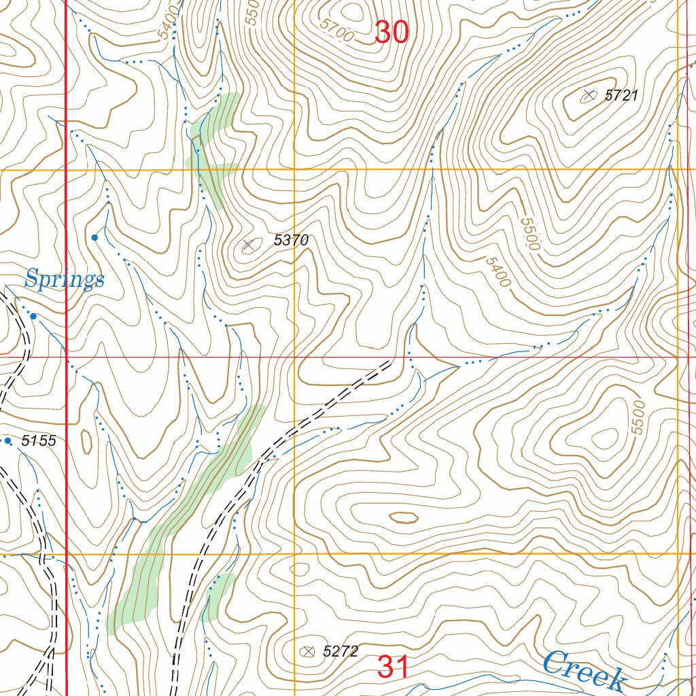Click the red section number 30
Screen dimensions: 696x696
coord(391,32)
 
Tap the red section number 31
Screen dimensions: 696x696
coord(394,667)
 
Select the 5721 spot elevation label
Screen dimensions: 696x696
coord(621,96)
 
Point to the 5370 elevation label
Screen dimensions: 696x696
coord(291,240)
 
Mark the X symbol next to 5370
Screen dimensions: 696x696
coord(249,245)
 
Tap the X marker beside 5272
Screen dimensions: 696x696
coord(308,652)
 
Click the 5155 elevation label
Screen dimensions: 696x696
coord(38,441)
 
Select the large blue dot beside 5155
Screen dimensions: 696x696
coord(8,441)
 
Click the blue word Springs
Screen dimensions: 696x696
coord(65,279)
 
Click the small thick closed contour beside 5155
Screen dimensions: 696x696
coord(86,441)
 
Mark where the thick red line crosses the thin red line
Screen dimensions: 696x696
coord(66,355)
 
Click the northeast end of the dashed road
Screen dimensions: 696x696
coord(391,363)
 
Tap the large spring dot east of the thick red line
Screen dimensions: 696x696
coord(94,237)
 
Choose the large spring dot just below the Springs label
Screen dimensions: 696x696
coord(33,316)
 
